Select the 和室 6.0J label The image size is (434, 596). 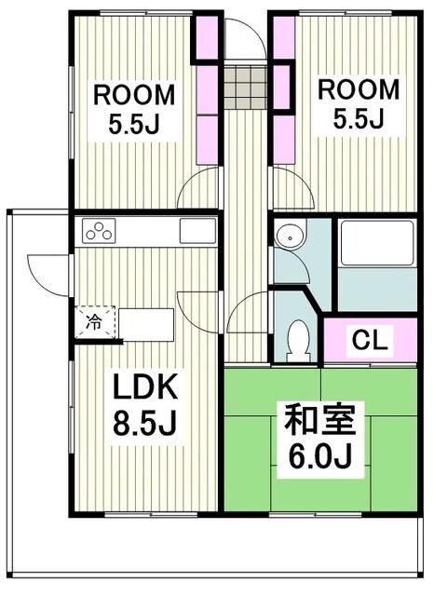319,437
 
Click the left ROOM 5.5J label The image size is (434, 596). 132,108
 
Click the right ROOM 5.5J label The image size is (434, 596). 359,102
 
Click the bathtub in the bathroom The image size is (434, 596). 376,244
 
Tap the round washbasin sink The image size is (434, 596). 289,238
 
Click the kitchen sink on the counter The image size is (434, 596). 197,231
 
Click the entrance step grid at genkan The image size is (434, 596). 245,86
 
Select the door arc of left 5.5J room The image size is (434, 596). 199,192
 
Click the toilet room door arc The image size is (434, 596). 247,314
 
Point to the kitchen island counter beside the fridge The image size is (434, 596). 146,325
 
